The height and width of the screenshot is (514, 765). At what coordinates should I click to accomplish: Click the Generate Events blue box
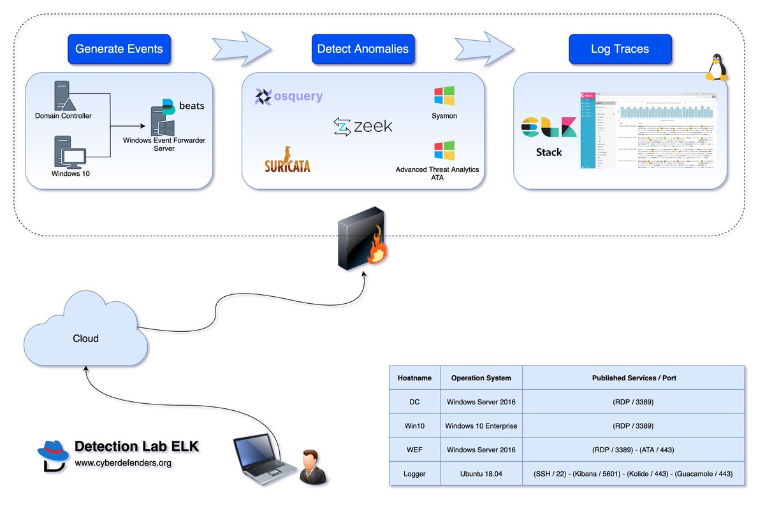(x=119, y=49)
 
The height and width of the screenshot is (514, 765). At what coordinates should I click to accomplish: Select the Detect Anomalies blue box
(x=363, y=49)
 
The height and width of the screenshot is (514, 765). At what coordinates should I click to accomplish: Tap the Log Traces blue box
(x=619, y=49)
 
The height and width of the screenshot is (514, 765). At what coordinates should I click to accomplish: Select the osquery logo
(x=289, y=96)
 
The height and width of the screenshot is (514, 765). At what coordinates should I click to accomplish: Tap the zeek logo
(x=363, y=127)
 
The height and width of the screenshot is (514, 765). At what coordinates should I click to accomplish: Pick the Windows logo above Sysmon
(x=444, y=96)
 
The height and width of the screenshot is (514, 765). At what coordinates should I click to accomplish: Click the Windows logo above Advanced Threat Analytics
(x=444, y=151)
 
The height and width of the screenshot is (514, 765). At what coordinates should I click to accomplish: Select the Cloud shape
(x=85, y=331)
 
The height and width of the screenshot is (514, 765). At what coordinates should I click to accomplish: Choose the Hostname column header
(x=414, y=378)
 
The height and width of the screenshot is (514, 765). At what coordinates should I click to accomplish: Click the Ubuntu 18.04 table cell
(x=481, y=474)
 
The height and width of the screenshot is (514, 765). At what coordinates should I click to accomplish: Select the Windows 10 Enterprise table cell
(x=481, y=425)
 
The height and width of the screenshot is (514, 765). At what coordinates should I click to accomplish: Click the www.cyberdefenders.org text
(x=124, y=463)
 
